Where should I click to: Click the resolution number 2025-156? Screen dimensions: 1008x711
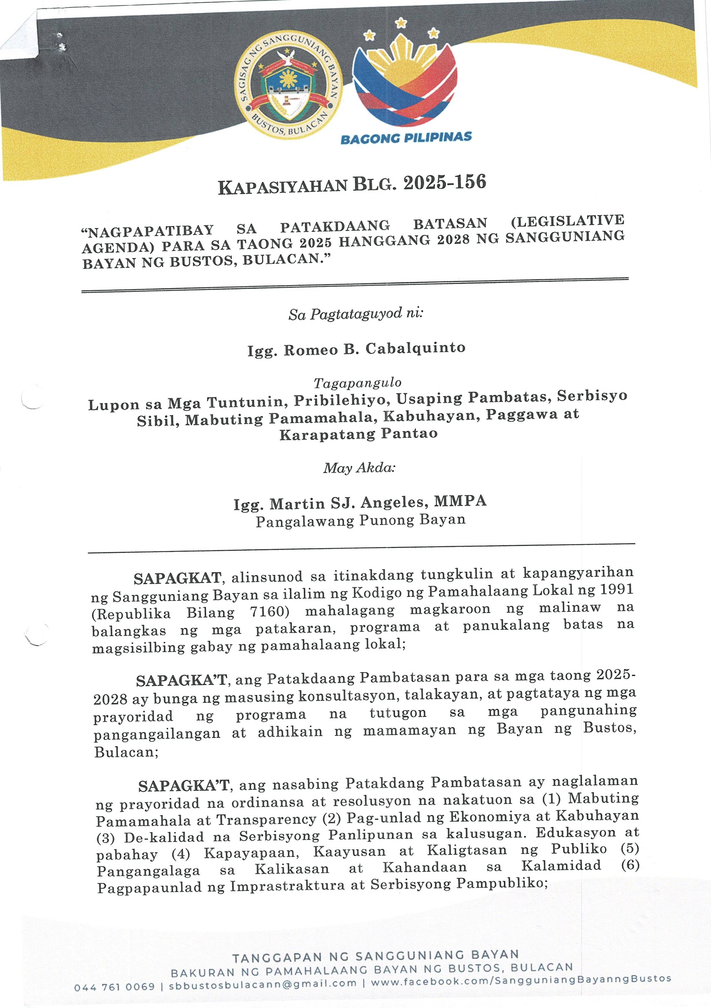(x=444, y=182)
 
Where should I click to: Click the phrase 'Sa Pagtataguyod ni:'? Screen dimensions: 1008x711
(x=356, y=314)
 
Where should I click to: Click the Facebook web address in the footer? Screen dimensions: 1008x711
(x=521, y=980)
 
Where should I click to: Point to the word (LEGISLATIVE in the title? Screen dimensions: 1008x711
(x=567, y=220)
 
